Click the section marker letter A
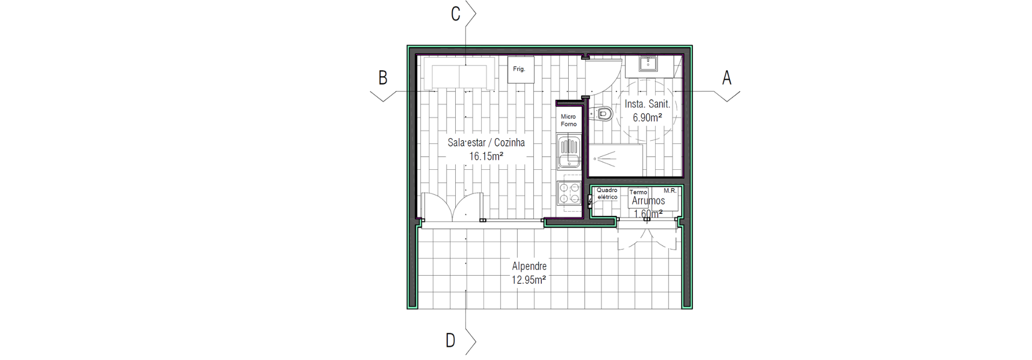coord(726,78)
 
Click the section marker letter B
coord(383,78)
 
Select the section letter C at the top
coord(455,14)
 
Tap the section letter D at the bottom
coord(450,340)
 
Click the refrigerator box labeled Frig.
coord(521,70)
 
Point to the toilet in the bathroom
coord(601,114)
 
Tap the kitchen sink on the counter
coord(569,154)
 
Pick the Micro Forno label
coord(568,120)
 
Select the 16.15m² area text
coord(486,156)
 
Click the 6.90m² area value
coord(647,117)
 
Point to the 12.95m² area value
coord(529,279)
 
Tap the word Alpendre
coord(529,266)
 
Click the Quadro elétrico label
coord(607,193)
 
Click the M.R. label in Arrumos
coord(670,190)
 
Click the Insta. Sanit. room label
coord(647,104)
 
